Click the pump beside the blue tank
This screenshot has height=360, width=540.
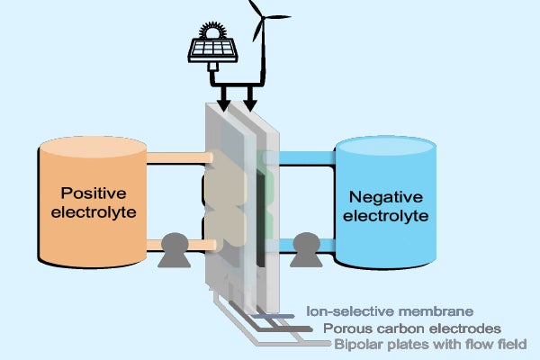(x=306, y=249)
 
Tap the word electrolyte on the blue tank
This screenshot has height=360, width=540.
(x=391, y=216)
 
